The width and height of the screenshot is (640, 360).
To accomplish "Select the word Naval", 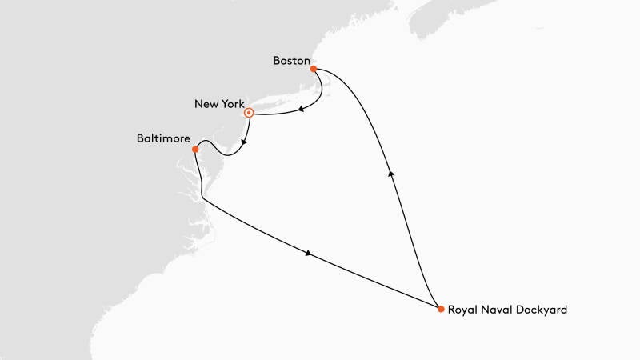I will (x=501, y=310).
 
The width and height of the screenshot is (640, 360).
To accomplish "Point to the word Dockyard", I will (x=544, y=310).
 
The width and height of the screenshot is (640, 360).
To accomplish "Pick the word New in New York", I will (x=206, y=104).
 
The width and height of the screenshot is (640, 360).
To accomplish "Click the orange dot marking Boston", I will (x=314, y=69).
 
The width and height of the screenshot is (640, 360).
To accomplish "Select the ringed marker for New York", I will (x=249, y=113).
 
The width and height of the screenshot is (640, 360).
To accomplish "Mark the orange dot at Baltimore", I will (x=196, y=149).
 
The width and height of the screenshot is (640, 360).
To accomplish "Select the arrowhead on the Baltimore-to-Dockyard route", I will (x=308, y=254).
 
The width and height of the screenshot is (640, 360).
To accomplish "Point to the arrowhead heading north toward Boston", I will (x=390, y=172).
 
